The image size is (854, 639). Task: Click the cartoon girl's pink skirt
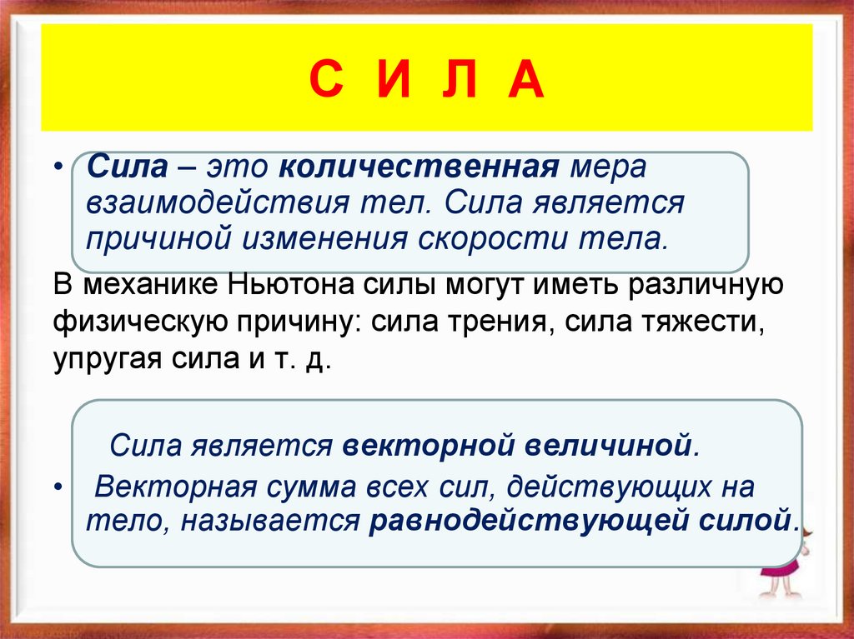[785, 569]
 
